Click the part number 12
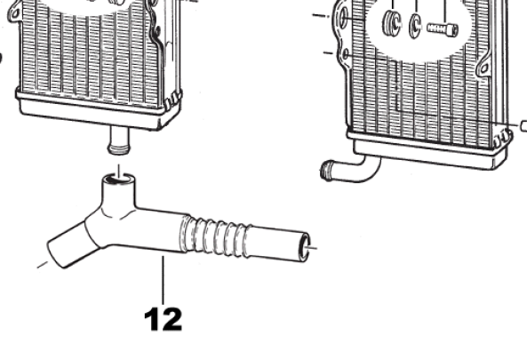pos(164,319)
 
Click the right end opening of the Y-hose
pos(304,247)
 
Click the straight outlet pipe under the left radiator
pos(118,140)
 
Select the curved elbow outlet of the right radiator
pos(350,171)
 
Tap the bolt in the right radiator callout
pos(443,28)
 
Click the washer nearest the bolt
pos(415,25)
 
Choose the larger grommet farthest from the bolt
pos(392,22)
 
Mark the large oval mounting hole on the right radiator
pos(343,18)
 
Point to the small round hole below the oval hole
pos(346,54)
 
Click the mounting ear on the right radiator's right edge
pos(484,67)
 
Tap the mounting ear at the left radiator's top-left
pos(14,13)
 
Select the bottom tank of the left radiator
pos(98,110)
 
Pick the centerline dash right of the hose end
pos(311,248)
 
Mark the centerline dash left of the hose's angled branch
pos(43,265)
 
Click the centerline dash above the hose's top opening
pos(119,172)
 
